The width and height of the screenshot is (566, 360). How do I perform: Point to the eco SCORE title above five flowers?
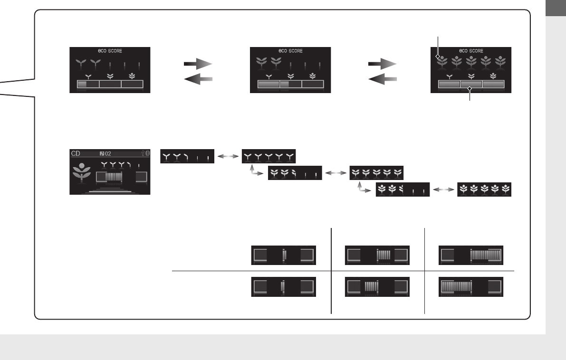(470, 51)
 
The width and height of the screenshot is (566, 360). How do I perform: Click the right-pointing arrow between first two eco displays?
(198, 64)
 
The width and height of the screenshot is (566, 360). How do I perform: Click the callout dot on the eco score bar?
(470, 87)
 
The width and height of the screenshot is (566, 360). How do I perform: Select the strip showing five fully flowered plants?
(484, 190)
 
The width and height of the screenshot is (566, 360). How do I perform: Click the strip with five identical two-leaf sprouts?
(269, 156)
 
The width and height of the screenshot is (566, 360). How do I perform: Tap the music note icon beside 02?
(102, 153)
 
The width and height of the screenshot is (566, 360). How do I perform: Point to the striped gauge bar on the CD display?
(114, 178)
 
